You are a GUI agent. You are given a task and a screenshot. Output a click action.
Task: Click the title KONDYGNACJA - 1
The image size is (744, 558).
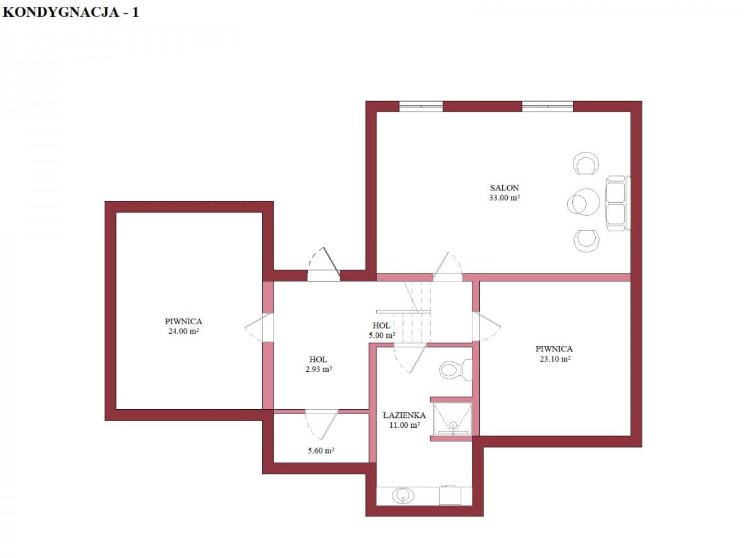click(x=71, y=12)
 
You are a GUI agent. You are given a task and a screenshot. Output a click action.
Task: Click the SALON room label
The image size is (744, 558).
click(x=504, y=188)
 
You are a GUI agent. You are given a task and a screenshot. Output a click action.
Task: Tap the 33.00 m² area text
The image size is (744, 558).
click(x=504, y=198)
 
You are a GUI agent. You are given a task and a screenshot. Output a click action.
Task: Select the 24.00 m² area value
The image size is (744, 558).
click(x=184, y=331)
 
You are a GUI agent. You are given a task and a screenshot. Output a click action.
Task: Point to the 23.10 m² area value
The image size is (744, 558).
click(x=555, y=359)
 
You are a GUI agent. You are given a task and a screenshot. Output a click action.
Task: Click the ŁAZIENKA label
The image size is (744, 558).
click(x=404, y=415)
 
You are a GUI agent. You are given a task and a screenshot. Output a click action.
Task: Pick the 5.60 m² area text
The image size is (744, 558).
click(x=321, y=451)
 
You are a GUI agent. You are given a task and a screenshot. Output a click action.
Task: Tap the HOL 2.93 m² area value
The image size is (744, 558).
click(x=319, y=370)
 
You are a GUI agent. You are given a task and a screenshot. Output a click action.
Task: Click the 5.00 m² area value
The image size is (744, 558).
click(x=382, y=335)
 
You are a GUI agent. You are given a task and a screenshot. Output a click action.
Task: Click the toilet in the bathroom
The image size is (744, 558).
click(x=455, y=370)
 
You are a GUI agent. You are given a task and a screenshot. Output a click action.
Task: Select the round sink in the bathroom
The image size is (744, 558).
click(x=403, y=495)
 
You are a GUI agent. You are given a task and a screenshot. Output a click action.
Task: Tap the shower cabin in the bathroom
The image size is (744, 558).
click(x=453, y=418)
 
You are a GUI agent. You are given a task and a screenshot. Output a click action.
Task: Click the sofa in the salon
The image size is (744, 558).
click(x=618, y=203)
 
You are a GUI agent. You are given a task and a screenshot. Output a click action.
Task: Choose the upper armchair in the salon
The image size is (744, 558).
click(x=585, y=163)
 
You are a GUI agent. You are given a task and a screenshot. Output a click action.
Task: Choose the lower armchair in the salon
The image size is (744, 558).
click(x=586, y=241)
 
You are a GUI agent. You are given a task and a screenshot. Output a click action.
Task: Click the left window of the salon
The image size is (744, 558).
click(x=420, y=107)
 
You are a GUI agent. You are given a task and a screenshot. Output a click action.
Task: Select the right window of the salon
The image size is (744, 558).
click(x=547, y=107)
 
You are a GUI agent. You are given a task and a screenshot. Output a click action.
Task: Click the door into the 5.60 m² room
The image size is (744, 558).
click(x=322, y=423)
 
